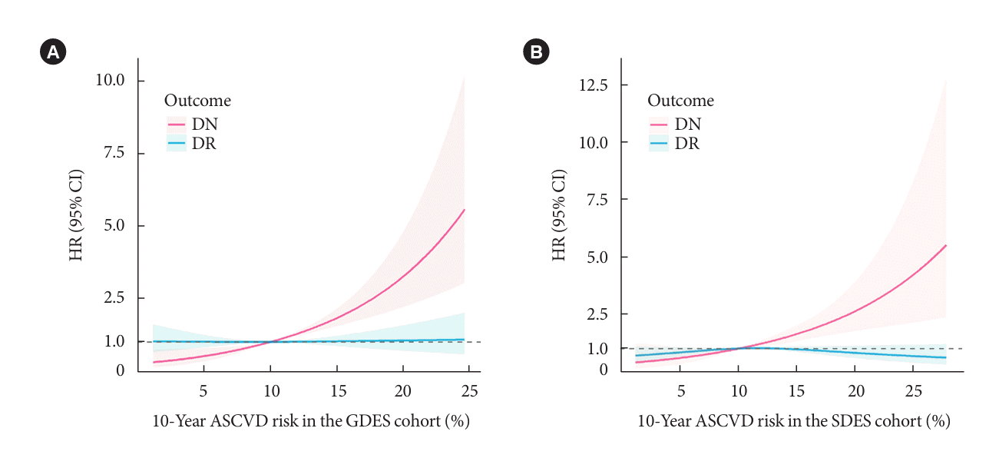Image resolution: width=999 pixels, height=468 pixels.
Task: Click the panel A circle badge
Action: [x=53, y=52]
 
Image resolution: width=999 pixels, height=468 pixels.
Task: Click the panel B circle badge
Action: [x=535, y=52]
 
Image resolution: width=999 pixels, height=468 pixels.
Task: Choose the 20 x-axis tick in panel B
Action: [x=854, y=390]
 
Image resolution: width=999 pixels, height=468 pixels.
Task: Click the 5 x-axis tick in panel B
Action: [x=680, y=390]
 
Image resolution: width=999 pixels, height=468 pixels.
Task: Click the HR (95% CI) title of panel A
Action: [x=76, y=218]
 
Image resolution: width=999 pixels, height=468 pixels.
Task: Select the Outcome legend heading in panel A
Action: [x=198, y=101]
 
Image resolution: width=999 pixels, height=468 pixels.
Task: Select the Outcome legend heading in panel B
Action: [x=681, y=101]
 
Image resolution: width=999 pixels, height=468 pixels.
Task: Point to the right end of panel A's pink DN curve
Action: [x=465, y=210]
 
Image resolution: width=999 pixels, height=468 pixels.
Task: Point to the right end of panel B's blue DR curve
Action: [x=945, y=357]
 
